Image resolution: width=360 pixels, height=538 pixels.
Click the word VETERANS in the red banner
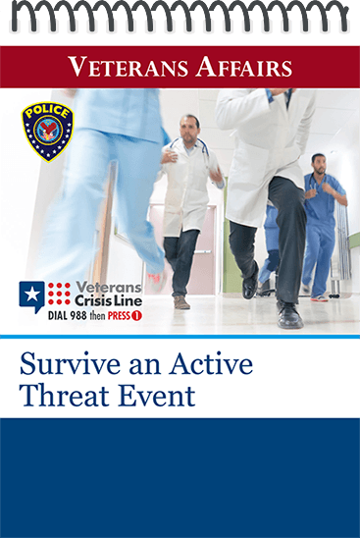tap(129, 67)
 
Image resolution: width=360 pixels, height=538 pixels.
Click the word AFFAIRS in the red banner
tap(244, 67)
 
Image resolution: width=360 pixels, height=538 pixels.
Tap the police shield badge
tap(48, 132)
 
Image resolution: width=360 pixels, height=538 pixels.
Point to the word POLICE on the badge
tap(47, 112)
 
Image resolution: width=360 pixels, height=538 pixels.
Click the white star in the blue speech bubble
tap(32, 295)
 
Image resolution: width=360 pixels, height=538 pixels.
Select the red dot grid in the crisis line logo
tap(59, 294)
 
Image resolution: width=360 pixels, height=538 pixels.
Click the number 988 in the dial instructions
tap(78, 316)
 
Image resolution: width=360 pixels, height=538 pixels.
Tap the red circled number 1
tap(136, 316)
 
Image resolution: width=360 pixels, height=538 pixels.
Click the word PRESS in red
tap(119, 316)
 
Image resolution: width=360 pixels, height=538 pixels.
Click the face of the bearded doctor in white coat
tap(188, 130)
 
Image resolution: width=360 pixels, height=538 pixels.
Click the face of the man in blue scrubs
tap(319, 165)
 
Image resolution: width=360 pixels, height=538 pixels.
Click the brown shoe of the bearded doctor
tap(181, 302)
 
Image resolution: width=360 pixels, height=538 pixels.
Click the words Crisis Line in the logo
tap(108, 301)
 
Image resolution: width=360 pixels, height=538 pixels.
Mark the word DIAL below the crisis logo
tap(58, 316)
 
